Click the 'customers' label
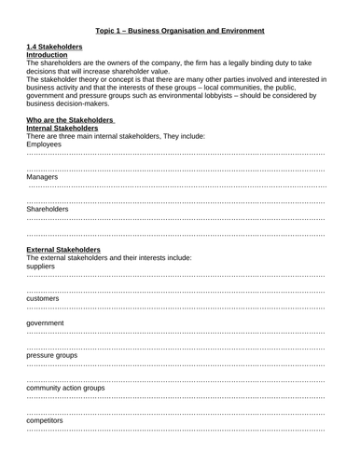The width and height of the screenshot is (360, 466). (x=43, y=298)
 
